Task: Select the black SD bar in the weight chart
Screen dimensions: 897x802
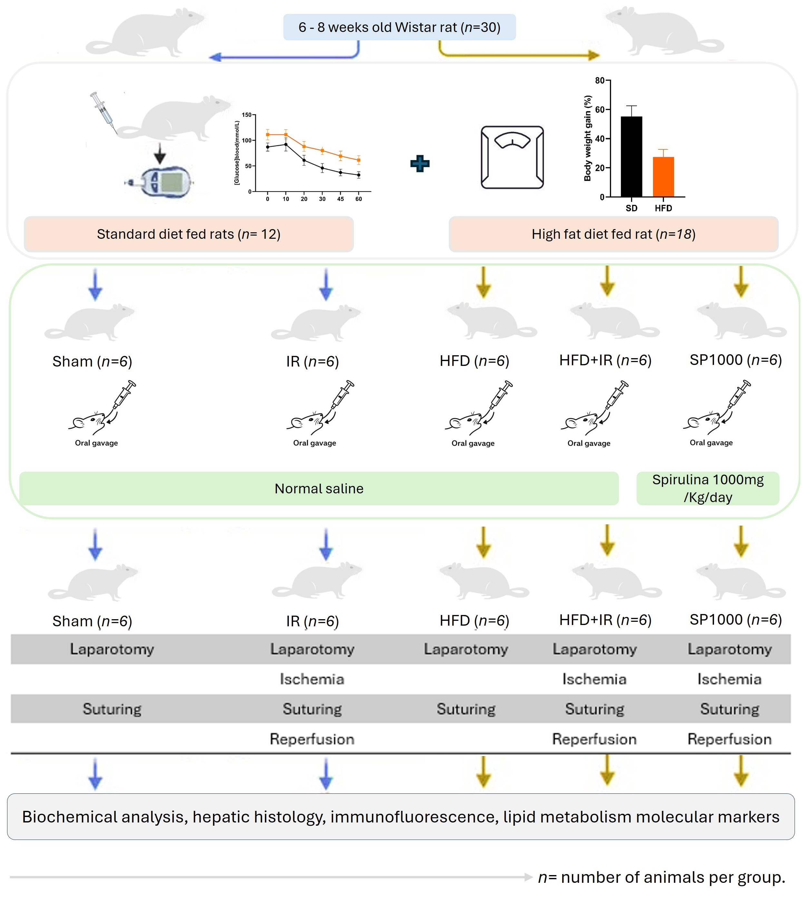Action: click(631, 156)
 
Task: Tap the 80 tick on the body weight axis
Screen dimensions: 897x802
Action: click(600, 80)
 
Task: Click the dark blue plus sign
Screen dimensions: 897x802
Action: click(419, 164)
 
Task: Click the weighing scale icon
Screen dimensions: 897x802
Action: click(512, 157)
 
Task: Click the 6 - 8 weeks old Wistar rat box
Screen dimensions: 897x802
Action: click(399, 27)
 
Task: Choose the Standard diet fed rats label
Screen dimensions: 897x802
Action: click(189, 234)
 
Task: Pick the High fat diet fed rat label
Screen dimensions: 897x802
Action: click(613, 234)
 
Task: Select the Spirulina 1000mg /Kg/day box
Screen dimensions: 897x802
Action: click(708, 489)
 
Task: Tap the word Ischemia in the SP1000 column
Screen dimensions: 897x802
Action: click(729, 679)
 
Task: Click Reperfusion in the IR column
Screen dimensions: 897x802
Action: click(312, 739)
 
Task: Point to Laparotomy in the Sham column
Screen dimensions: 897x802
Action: click(112, 649)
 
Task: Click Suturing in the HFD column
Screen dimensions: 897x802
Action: click(466, 709)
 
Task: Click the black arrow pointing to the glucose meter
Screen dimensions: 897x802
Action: click(160, 155)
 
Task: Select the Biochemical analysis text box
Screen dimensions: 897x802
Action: click(401, 817)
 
